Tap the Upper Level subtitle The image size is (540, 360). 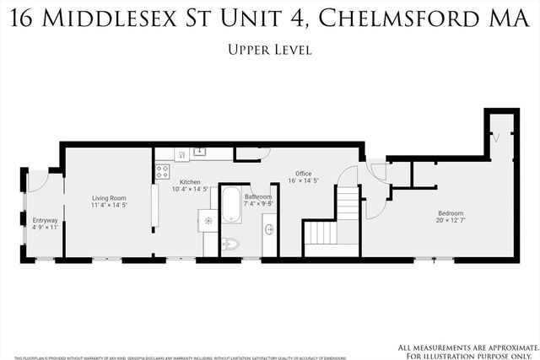tap(270, 50)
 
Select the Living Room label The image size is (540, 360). tap(109, 199)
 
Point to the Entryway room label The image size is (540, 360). tap(45, 220)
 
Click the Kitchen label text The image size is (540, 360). tap(189, 182)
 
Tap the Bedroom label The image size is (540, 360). tap(451, 212)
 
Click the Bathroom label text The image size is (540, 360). tap(258, 196)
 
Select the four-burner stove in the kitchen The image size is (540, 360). tap(162, 172)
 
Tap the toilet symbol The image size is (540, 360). tap(229, 244)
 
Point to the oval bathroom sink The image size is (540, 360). tap(269, 228)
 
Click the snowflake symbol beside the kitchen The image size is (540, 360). tap(208, 221)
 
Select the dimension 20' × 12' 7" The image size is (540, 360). tap(451, 220)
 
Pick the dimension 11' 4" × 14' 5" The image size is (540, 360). tap(109, 206)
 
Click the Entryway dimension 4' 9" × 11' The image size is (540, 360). tap(45, 227)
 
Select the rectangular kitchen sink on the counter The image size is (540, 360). tap(200, 153)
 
